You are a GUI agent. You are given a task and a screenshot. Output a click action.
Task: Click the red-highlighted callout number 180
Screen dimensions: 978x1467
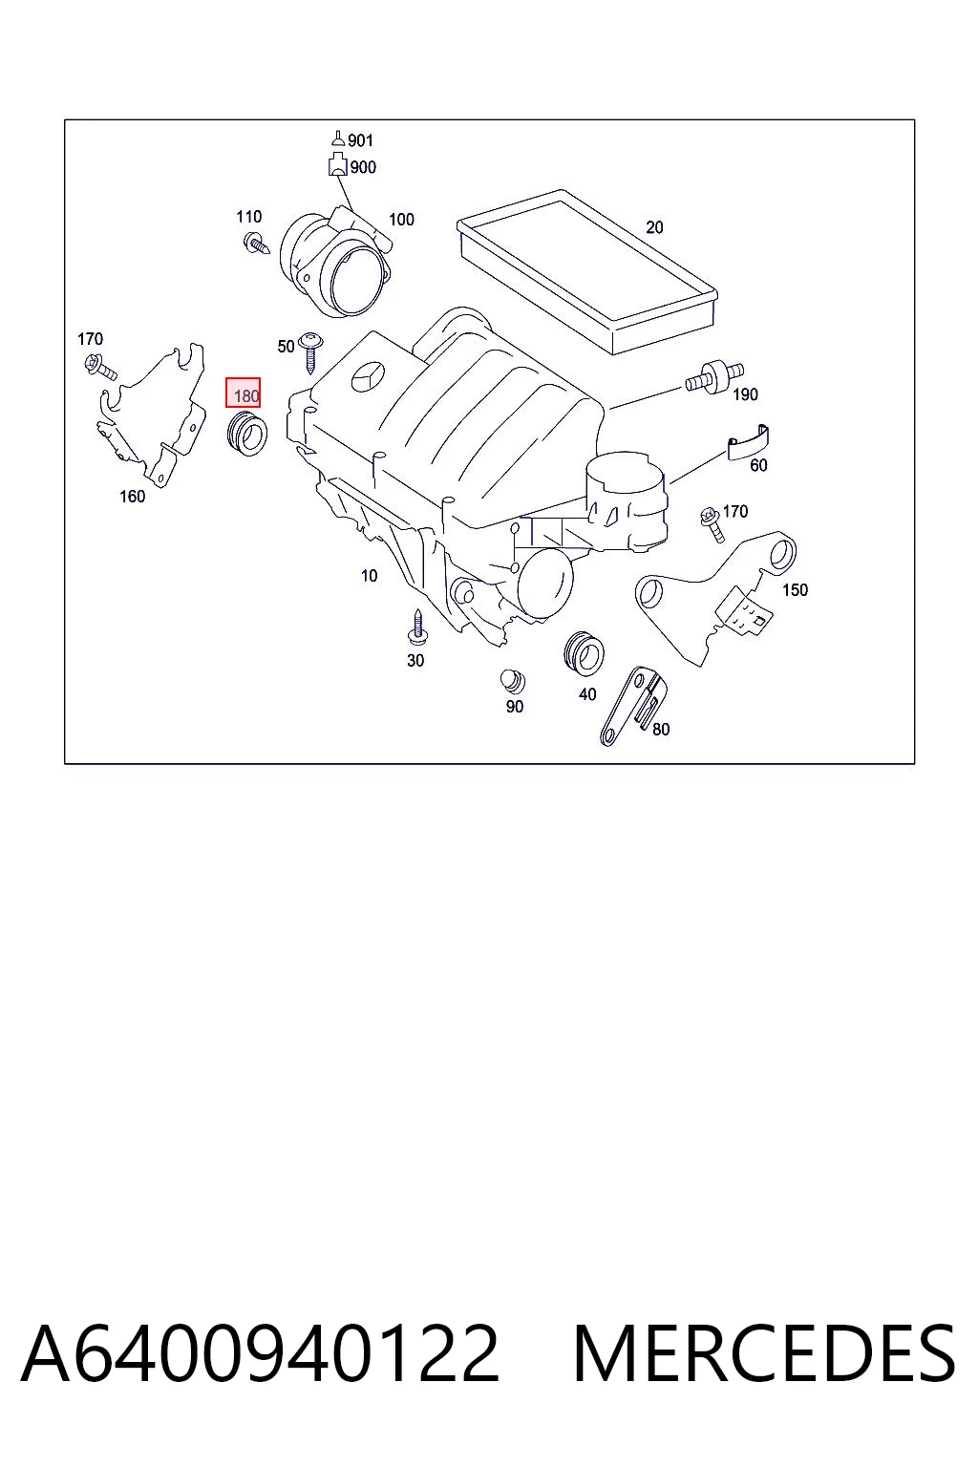click(x=246, y=395)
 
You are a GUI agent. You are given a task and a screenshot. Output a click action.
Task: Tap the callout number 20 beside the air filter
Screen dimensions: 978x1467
click(x=654, y=227)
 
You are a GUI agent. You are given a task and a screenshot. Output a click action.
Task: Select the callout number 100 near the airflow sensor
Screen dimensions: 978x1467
click(x=401, y=220)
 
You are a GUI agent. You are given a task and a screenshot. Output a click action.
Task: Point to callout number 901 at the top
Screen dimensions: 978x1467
click(x=360, y=140)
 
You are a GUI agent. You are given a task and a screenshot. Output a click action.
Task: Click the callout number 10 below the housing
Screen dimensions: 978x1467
click(x=369, y=576)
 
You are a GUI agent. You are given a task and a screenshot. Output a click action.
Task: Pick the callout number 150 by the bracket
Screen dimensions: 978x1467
click(x=795, y=590)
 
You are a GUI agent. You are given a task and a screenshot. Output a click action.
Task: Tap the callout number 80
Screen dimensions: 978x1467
click(x=661, y=729)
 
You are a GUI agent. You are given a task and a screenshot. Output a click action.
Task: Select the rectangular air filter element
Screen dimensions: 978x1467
click(x=587, y=271)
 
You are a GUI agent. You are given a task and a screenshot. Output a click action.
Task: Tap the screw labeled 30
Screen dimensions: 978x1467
click(x=417, y=627)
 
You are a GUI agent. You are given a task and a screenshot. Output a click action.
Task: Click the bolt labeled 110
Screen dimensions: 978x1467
click(x=256, y=244)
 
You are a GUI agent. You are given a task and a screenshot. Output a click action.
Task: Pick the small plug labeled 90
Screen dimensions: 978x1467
click(x=512, y=681)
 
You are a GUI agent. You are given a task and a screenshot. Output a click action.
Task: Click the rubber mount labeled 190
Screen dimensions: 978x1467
click(x=714, y=378)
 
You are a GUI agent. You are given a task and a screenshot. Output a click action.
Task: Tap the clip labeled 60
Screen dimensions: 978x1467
click(x=748, y=443)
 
